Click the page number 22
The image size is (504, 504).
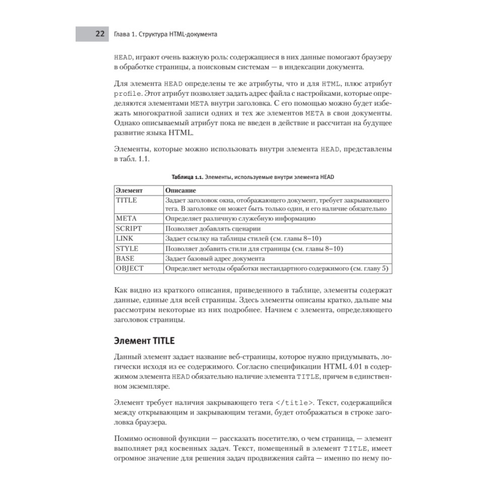point(100,34)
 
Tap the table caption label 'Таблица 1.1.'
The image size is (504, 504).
point(187,177)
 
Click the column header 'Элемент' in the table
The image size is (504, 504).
point(130,191)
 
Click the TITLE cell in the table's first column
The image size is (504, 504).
point(127,200)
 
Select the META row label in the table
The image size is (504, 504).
point(127,219)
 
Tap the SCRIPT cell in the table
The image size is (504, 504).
point(129,228)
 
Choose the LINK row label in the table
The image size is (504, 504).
point(125,238)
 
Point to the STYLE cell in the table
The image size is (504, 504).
point(127,248)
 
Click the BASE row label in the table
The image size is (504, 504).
point(125,259)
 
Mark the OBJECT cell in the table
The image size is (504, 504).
point(130,269)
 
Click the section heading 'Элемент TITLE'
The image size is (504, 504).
point(145,341)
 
